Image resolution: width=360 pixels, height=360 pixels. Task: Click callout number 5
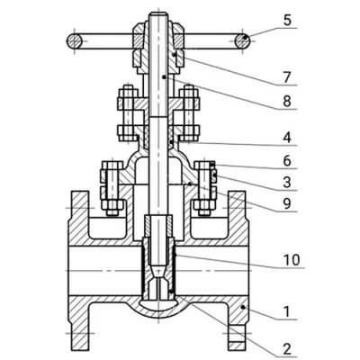click(287, 21)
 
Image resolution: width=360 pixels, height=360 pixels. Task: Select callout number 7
click(287, 78)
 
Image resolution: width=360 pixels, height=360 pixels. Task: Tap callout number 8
click(287, 101)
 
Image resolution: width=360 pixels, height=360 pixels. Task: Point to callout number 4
click(287, 138)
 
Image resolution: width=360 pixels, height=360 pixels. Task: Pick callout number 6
click(287, 161)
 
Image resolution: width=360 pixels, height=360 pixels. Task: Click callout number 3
click(287, 183)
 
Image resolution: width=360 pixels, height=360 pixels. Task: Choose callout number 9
click(287, 204)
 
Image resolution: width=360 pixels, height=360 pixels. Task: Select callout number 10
click(292, 260)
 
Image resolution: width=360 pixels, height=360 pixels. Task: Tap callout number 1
click(287, 312)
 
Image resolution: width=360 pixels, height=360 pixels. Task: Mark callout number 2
click(287, 348)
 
